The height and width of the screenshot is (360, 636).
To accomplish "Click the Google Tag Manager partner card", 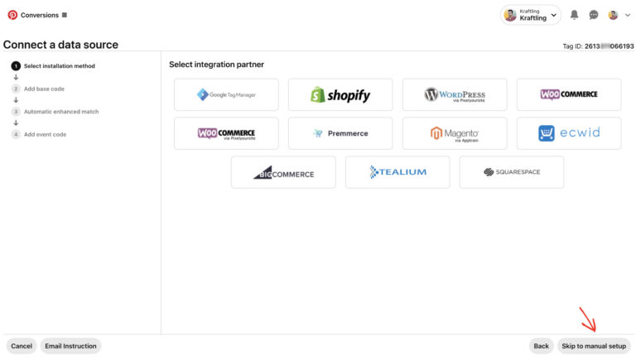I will tap(226, 94).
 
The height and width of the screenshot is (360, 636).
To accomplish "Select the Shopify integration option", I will tap(340, 94).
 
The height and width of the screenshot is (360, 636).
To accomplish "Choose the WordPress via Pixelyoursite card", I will tap(455, 94).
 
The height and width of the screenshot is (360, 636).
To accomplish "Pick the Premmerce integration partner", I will tap(340, 133).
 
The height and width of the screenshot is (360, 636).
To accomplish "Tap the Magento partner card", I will tap(455, 133).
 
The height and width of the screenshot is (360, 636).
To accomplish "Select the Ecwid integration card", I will tap(569, 133).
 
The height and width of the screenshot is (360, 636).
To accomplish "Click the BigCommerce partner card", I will tap(283, 172).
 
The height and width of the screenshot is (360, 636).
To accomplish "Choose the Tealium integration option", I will tap(397, 172).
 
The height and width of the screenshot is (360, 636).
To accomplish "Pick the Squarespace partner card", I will tap(512, 172).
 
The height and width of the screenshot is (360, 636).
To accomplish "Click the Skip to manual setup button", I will tap(594, 346).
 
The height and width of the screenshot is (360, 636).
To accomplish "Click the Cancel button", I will tap(22, 346).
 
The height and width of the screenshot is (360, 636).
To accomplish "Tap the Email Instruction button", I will tap(70, 346).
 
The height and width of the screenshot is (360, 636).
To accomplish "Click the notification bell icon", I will tap(575, 15).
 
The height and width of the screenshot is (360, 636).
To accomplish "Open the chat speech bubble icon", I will tap(594, 15).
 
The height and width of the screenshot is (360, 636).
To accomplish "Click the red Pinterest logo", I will tap(12, 15).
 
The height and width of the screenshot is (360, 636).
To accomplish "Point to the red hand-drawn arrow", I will tap(588, 319).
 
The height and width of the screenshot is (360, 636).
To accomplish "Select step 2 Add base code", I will tap(44, 89).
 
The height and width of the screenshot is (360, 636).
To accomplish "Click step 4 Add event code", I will tap(45, 134).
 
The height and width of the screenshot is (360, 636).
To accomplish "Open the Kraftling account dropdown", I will tap(531, 15).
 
